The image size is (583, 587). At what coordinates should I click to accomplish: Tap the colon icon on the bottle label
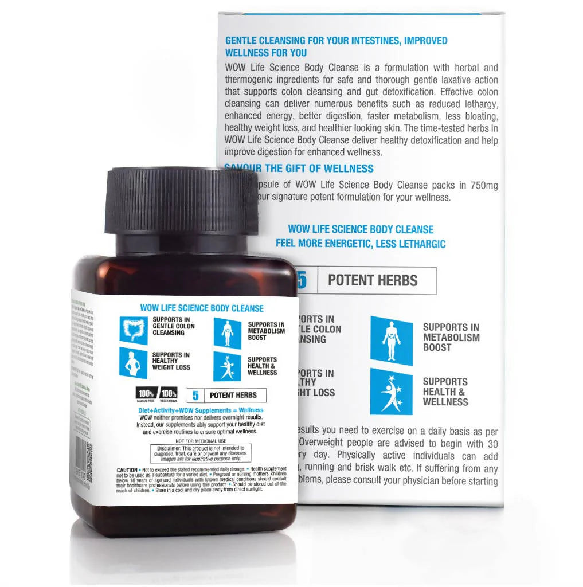click(134, 330)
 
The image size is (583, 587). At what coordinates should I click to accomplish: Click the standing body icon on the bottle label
click(228, 332)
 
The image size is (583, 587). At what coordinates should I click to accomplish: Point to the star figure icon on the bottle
click(228, 366)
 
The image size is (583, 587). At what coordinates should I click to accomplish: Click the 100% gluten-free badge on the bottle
click(146, 394)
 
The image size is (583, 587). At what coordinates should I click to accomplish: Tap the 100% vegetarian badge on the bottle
click(169, 394)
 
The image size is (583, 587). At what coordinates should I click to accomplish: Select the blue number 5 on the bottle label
click(195, 395)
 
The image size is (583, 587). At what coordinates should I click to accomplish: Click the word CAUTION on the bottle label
click(127, 470)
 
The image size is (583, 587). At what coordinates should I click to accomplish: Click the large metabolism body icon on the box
click(391, 341)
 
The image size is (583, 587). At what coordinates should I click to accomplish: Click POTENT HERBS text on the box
click(373, 281)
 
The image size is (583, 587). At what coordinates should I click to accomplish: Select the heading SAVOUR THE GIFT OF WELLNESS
click(299, 169)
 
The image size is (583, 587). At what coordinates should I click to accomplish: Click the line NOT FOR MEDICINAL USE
click(201, 440)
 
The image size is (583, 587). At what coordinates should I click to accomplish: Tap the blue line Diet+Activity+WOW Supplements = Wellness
click(201, 410)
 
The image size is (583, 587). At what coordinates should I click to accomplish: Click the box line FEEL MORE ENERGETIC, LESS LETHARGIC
click(361, 244)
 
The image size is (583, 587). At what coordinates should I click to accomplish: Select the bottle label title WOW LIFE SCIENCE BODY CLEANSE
click(202, 308)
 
